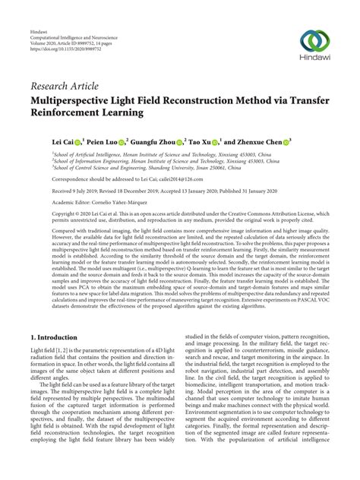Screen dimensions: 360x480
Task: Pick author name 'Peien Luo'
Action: [x=104, y=141]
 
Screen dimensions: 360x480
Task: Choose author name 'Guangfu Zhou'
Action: [x=153, y=141]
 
